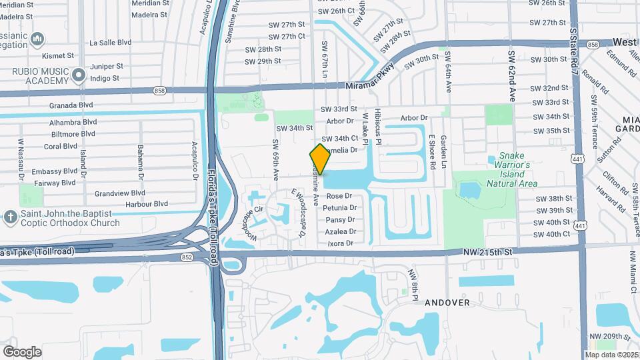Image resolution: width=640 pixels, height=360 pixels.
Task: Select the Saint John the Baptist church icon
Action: [x=10, y=217]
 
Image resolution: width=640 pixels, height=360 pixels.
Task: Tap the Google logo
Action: [x=22, y=351]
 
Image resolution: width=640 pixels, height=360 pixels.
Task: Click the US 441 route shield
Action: [x=581, y=227]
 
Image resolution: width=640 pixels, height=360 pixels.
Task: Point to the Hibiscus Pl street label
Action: [x=377, y=127]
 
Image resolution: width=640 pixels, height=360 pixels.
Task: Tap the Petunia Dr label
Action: [x=340, y=208]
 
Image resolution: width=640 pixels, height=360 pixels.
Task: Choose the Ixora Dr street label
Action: [x=339, y=243]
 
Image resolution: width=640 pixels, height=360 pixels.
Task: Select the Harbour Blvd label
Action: [x=141, y=203]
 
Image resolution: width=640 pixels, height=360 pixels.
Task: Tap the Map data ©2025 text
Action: [x=611, y=355]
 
